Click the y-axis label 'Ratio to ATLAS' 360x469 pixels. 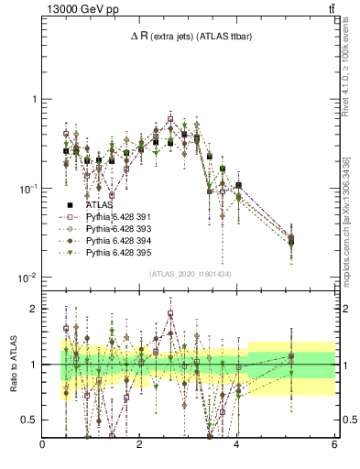13,365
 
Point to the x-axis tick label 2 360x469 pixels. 140,444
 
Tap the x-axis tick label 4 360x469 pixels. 237,444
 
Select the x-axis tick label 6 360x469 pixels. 334,444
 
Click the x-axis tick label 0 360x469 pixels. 43,444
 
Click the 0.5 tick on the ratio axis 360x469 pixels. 30,420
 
